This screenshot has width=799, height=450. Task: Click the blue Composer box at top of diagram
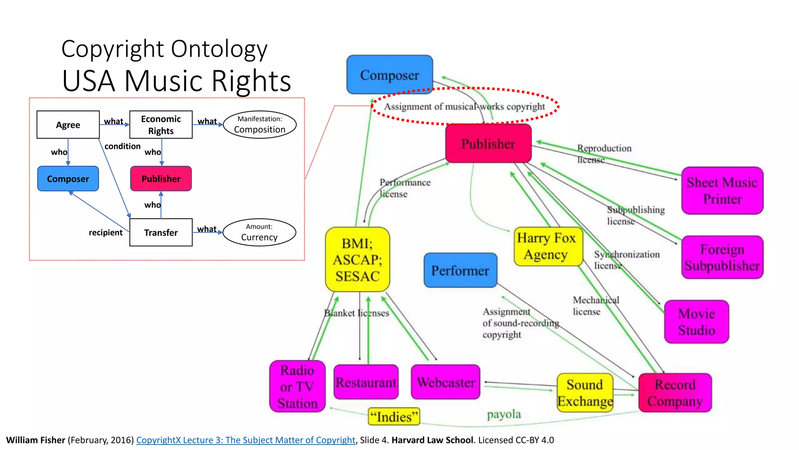(389, 75)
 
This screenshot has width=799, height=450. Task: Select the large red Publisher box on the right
(488, 143)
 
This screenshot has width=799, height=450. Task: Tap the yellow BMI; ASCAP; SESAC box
(357, 259)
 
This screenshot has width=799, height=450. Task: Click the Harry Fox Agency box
(548, 246)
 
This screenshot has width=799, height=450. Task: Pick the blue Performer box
(460, 270)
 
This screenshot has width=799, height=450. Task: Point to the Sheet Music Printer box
(722, 191)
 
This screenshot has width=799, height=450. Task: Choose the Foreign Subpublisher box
(722, 257)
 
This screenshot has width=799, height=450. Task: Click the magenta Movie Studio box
(696, 321)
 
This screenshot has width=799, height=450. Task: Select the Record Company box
(675, 393)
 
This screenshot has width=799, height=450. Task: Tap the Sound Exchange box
(585, 393)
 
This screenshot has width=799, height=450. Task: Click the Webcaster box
(446, 382)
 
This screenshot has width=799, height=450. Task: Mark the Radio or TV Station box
(297, 386)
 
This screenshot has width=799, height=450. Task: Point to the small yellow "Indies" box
(394, 417)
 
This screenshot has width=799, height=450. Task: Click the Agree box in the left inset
(68, 125)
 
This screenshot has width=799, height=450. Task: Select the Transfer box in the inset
(161, 232)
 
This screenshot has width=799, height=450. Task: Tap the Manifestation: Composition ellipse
(259, 125)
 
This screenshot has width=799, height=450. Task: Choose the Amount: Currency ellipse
(259, 232)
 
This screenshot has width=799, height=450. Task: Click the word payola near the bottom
(504, 414)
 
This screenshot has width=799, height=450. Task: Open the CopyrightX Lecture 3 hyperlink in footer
(246, 440)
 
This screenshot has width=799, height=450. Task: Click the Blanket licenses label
(356, 313)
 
